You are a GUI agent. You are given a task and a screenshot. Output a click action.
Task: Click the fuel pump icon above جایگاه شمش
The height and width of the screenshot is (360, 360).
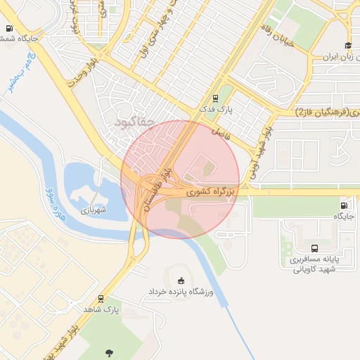click(x=8, y=29)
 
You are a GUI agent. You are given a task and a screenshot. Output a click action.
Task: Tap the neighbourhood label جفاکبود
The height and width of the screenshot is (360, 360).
click(x=133, y=122)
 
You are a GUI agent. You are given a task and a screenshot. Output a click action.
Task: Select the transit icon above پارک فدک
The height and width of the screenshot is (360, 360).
click(x=214, y=99)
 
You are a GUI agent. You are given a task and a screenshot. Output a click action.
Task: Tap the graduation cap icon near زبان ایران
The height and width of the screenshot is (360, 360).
click(x=347, y=46)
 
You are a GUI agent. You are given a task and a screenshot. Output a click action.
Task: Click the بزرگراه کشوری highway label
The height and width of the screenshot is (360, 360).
click(x=214, y=190)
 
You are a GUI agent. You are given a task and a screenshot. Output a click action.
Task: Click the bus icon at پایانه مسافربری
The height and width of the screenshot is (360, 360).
click(x=314, y=248)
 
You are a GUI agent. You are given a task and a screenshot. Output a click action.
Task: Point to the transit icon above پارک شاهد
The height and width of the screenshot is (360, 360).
click(x=102, y=298)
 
